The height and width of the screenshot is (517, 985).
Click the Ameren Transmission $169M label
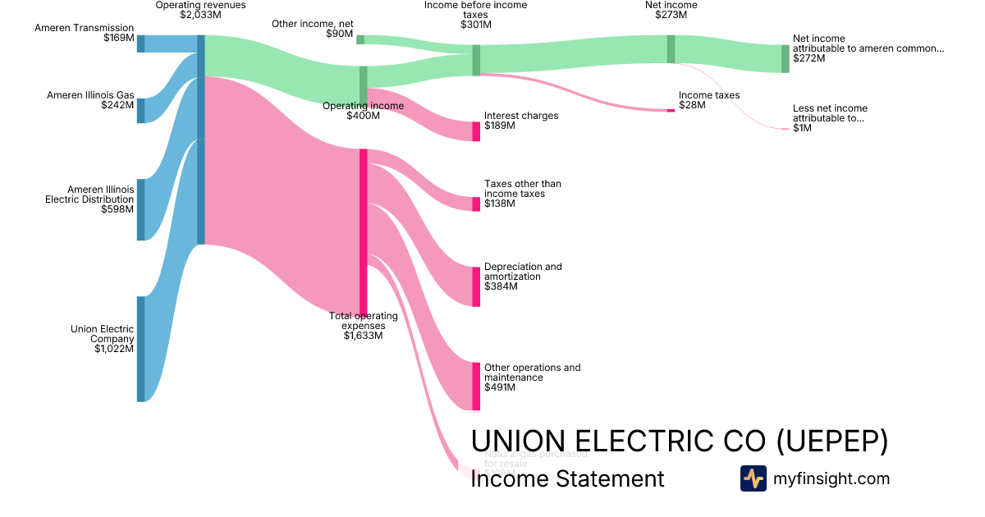(85, 33)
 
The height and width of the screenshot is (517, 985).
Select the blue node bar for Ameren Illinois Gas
(140, 110)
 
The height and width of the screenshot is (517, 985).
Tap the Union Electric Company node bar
(140, 349)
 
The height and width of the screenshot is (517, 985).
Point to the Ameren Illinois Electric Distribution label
(89, 199)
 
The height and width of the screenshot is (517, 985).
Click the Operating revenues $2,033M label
(200, 10)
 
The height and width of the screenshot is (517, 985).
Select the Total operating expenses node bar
(363, 231)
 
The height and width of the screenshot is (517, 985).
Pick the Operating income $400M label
(363, 111)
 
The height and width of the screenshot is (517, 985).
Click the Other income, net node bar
(360, 39)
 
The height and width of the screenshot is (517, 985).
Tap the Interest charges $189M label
(520, 121)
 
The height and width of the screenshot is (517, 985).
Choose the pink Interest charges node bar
(476, 131)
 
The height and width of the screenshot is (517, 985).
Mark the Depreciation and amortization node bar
(476, 286)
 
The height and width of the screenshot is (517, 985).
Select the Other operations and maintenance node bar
(476, 386)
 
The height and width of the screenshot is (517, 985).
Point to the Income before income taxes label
(476, 15)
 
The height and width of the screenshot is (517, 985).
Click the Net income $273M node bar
(671, 48)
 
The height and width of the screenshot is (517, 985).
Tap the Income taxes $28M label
(708, 100)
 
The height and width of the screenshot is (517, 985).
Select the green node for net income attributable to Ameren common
(785, 58)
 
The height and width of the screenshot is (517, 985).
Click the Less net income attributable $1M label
(829, 118)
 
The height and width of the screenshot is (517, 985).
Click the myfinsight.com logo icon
(753, 478)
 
